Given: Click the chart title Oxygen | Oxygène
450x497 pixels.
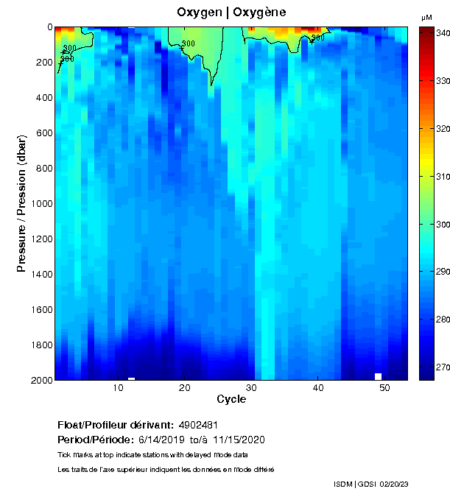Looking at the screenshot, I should click(x=231, y=13).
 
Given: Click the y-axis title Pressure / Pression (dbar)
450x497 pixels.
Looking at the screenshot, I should click(x=21, y=203).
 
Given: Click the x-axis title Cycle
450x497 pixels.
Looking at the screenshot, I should click(x=231, y=399).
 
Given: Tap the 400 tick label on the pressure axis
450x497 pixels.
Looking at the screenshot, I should click(x=43, y=98).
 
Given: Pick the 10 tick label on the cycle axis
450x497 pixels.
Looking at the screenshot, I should click(x=118, y=388).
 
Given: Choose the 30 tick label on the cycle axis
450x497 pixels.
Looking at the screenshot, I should click(x=251, y=388).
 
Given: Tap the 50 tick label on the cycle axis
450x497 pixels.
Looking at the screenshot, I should click(x=384, y=388).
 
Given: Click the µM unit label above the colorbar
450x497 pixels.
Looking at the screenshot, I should click(x=426, y=17).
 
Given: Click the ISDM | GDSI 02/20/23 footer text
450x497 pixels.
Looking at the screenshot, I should click(x=381, y=484).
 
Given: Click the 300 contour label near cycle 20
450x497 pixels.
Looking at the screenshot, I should click(x=188, y=44).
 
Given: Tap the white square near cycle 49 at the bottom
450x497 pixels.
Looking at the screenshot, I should click(x=378, y=376).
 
